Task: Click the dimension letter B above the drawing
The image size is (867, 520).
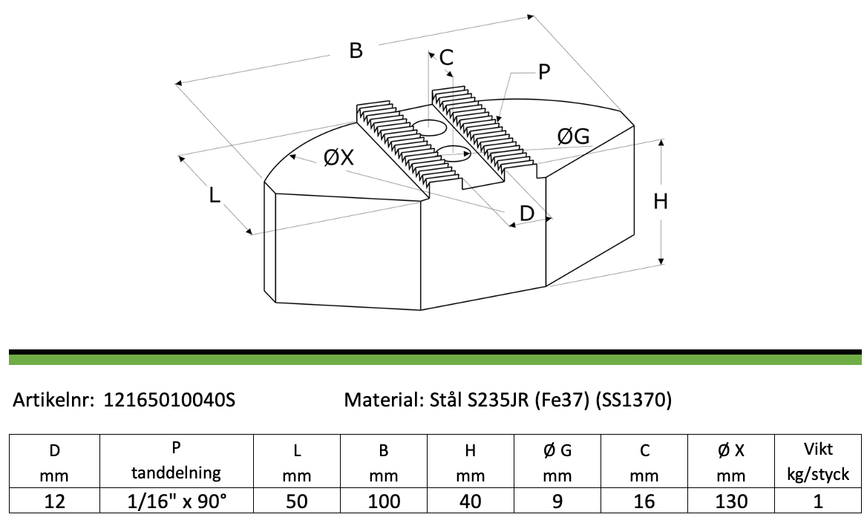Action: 356,50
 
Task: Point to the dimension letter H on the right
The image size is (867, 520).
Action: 661,202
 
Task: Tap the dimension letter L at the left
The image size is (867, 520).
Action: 215,195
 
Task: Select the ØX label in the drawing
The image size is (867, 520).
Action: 338,157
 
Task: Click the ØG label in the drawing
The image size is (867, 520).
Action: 574,136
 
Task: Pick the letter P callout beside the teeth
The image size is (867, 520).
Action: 544,72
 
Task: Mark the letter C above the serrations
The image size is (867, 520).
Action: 446,57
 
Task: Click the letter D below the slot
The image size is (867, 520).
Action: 527,214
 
